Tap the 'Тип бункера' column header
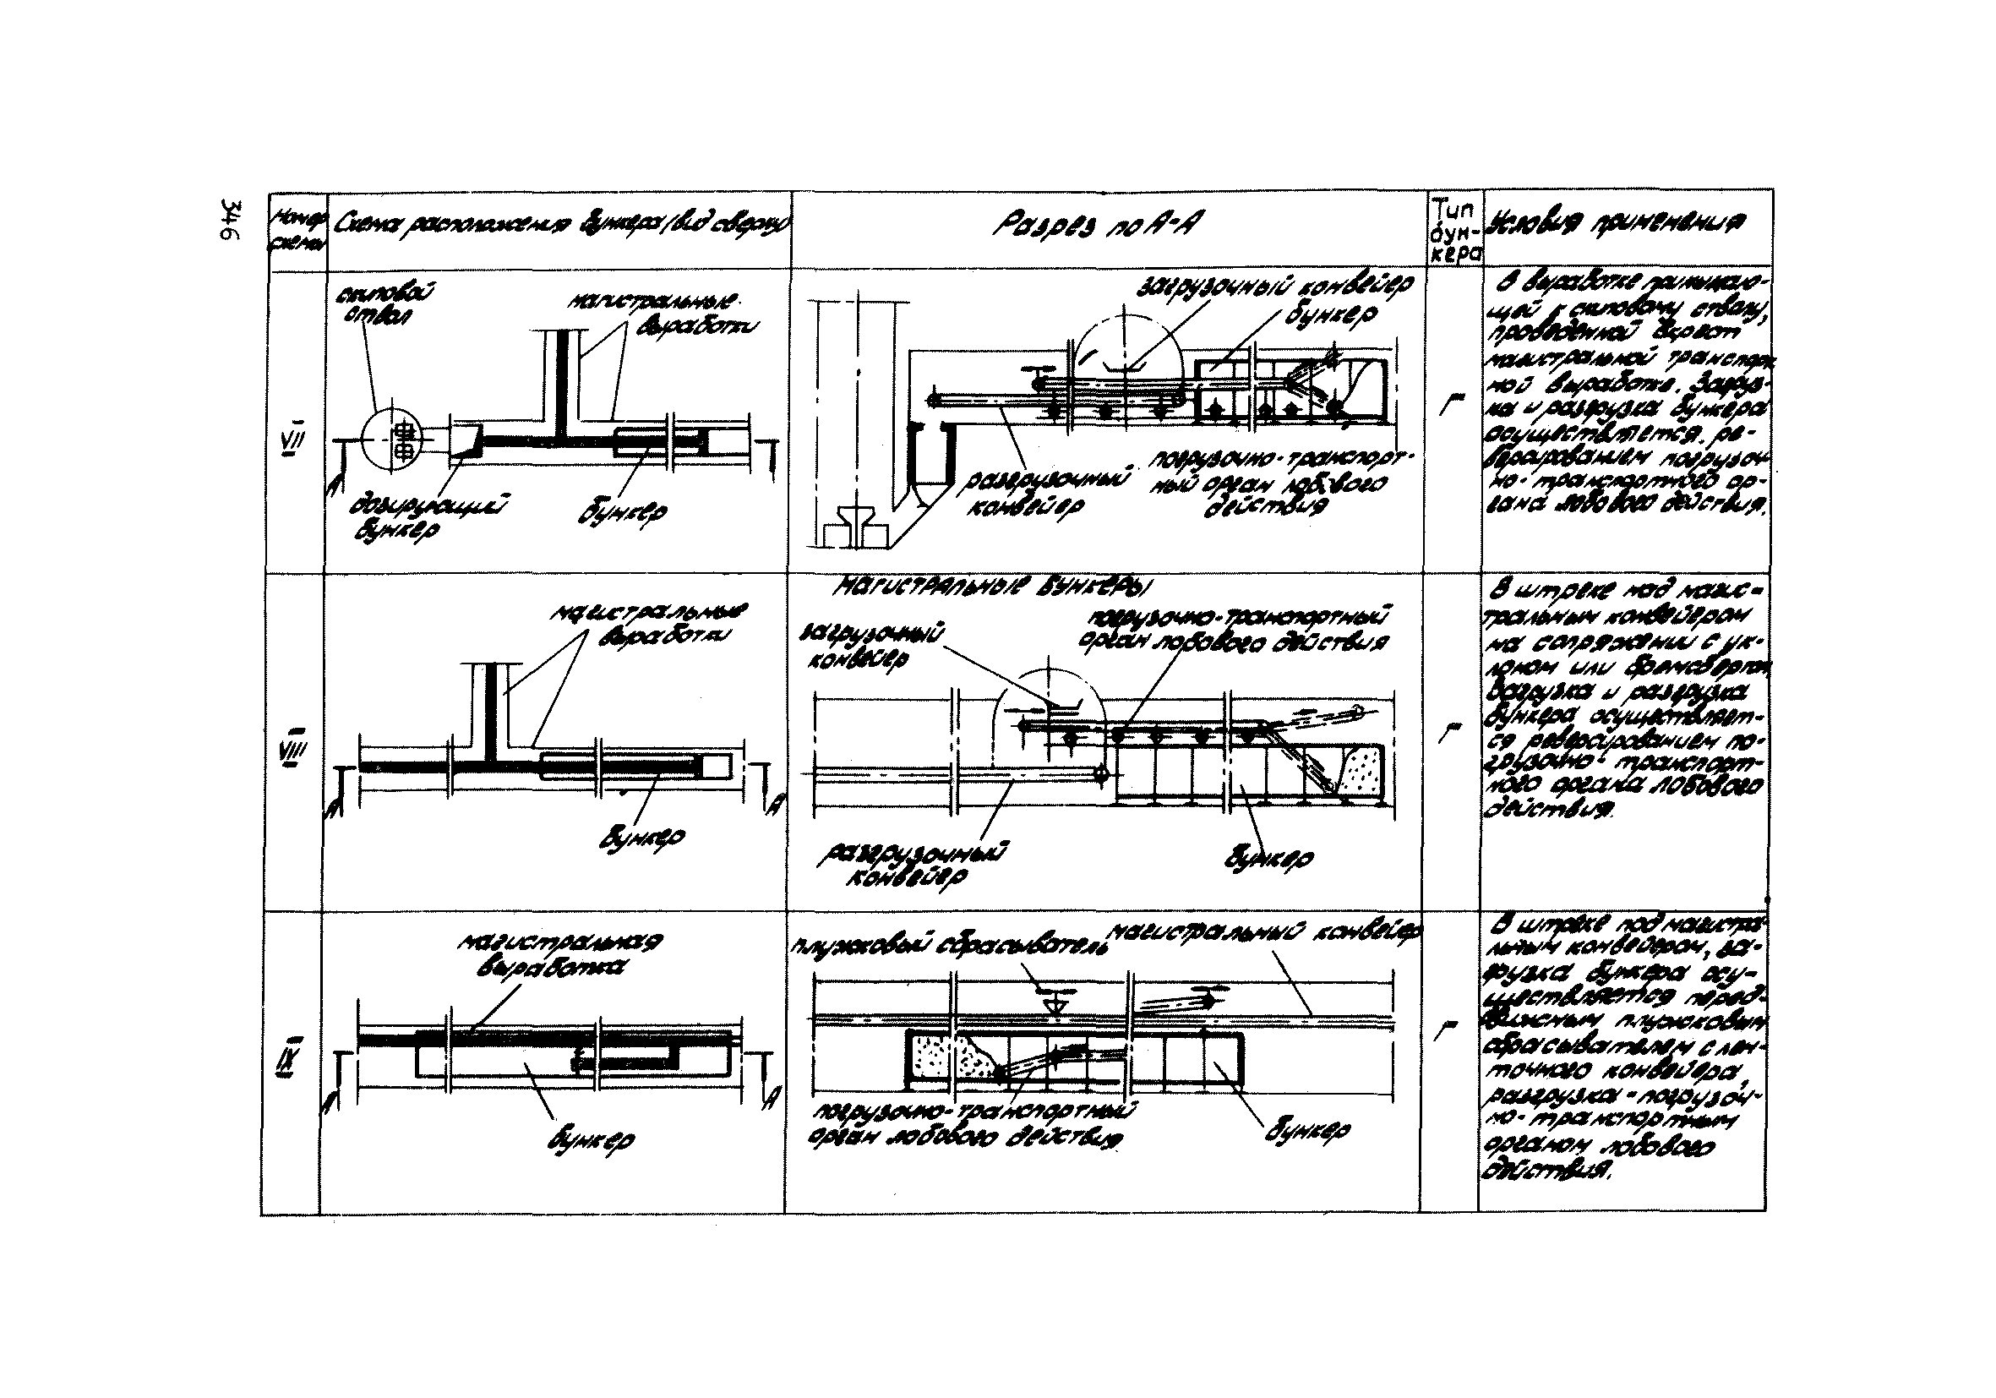pos(1455,227)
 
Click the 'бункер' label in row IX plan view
pos(592,1140)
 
